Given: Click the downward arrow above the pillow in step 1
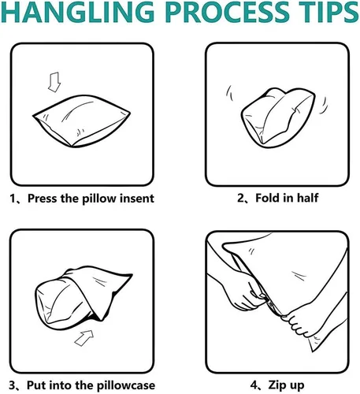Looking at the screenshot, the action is click(x=54, y=82).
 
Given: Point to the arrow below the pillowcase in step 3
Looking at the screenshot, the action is click(x=84, y=338).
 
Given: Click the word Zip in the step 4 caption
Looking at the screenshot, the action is click(x=276, y=385).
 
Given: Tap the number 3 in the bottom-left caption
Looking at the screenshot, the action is click(x=13, y=385).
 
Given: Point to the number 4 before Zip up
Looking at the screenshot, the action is click(x=254, y=385).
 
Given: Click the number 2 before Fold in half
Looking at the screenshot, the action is click(x=241, y=198).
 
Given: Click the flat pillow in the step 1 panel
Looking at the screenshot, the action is click(x=81, y=121).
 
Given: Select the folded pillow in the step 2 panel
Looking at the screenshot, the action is click(x=278, y=117).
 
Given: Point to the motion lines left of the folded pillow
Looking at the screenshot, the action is click(x=229, y=93).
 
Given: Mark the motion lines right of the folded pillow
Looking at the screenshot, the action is click(x=324, y=106).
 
